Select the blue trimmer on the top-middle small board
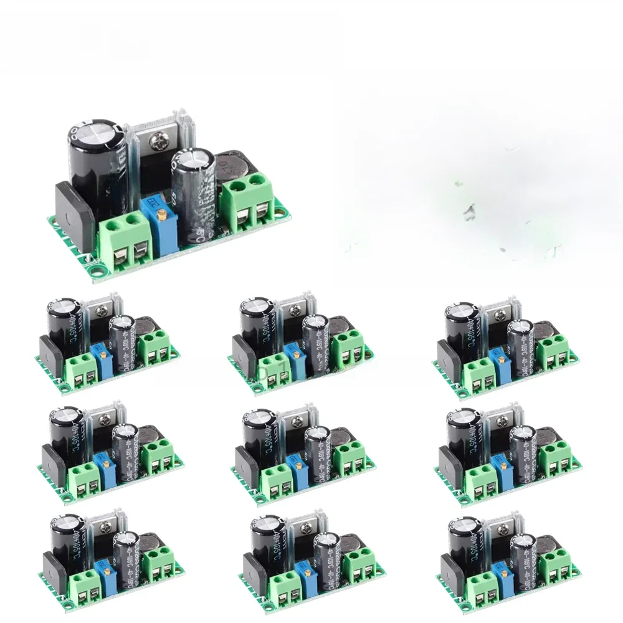(x=292, y=361)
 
